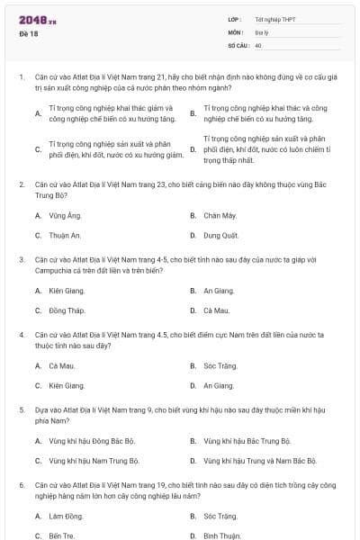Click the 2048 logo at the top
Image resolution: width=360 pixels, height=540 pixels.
pyautogui.click(x=32, y=19)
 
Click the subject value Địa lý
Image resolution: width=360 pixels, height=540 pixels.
pyautogui.click(x=261, y=31)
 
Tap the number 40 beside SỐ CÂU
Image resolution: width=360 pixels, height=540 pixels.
pyautogui.click(x=258, y=45)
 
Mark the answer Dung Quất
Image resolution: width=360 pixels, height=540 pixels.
pyautogui.click(x=220, y=235)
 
